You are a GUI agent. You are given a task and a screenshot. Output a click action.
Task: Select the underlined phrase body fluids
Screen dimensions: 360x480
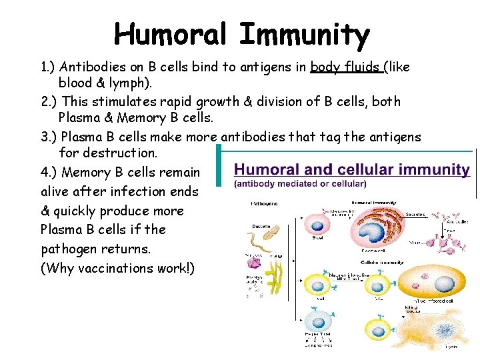click(x=347, y=67)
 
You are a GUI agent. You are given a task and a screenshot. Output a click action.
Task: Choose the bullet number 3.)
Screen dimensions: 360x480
click(x=49, y=136)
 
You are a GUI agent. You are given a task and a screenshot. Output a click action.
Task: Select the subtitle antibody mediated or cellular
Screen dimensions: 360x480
click(x=300, y=184)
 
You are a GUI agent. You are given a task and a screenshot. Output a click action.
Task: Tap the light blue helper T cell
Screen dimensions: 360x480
click(x=317, y=324)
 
